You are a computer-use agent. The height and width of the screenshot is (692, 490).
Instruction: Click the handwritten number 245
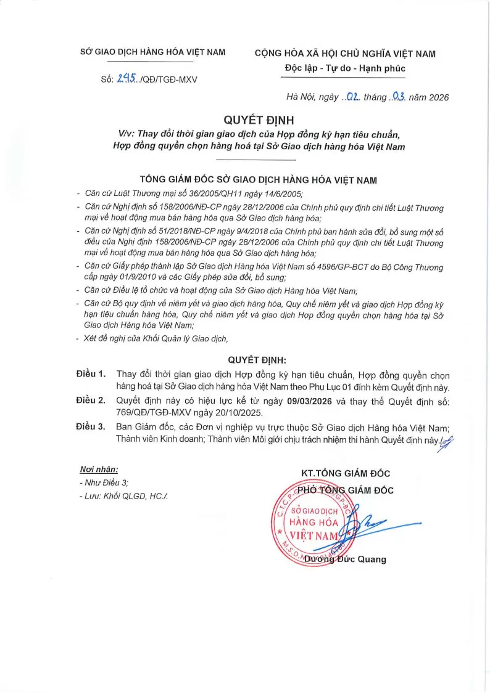click(x=126, y=78)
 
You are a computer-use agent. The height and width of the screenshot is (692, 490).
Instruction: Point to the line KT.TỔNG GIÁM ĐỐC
click(x=345, y=473)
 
